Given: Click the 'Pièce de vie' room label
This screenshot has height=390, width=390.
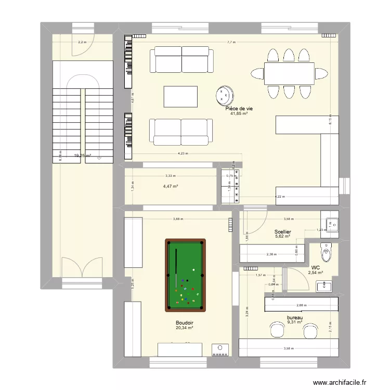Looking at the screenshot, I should [239, 108].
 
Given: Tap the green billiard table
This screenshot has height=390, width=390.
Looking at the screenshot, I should [185, 275].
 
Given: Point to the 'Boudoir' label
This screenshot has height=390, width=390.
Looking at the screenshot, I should [185, 322].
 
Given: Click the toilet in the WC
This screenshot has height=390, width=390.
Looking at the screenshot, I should [326, 253].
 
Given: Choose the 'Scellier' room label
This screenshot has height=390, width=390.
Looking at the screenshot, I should [282, 231].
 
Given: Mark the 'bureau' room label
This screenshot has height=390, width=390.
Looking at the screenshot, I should [295, 317].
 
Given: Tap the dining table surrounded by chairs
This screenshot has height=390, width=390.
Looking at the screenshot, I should [289, 73].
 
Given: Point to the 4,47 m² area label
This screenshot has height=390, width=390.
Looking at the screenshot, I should [171, 186].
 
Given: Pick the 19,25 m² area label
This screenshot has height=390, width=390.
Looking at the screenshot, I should [82, 155].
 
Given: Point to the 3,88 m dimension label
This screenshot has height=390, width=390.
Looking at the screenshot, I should [178, 218].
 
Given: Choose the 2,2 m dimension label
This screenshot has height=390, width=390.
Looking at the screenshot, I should [82, 43].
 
